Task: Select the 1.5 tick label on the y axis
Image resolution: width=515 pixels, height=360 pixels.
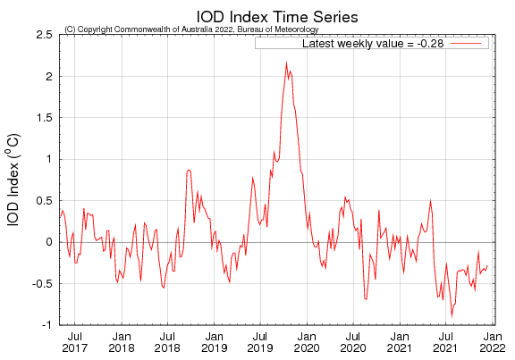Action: pyautogui.click(x=43, y=118)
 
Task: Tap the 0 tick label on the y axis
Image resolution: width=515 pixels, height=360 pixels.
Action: pyautogui.click(x=48, y=242)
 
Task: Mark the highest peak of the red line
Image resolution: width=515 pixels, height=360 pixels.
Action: pyautogui.click(x=286, y=63)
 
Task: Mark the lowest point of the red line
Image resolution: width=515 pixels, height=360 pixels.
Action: pyautogui.click(x=452, y=315)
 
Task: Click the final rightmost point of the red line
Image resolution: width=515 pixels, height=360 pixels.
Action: pyautogui.click(x=487, y=265)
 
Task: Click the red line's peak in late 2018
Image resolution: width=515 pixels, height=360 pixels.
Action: pyautogui.click(x=189, y=170)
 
